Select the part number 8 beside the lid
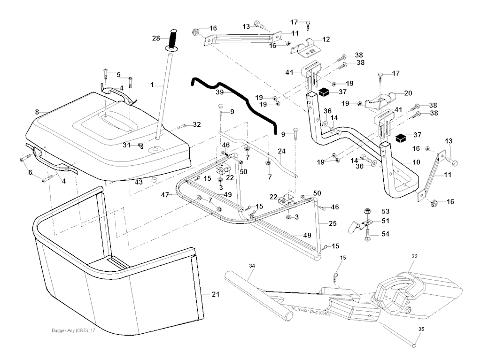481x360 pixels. click(37, 112)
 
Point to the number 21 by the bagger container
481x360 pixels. click(216, 294)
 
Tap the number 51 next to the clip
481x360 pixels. click(385, 221)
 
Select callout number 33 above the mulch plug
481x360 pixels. click(414, 257)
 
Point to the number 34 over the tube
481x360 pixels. click(252, 266)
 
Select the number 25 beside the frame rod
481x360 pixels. click(333, 224)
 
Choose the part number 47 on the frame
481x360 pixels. click(165, 194)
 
